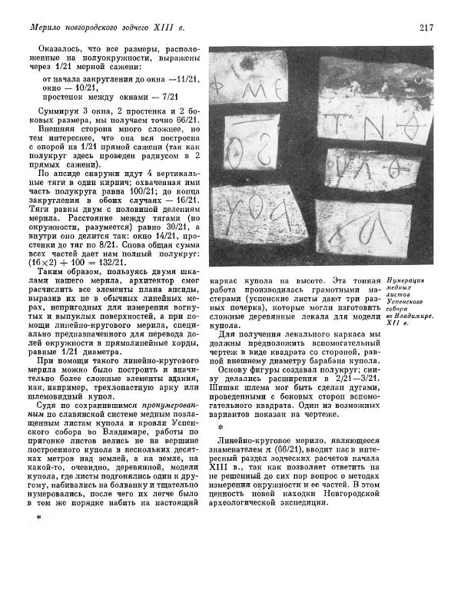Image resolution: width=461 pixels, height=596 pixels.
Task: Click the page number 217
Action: (x=427, y=28)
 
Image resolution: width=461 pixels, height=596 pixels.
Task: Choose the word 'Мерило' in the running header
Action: (x=45, y=29)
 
